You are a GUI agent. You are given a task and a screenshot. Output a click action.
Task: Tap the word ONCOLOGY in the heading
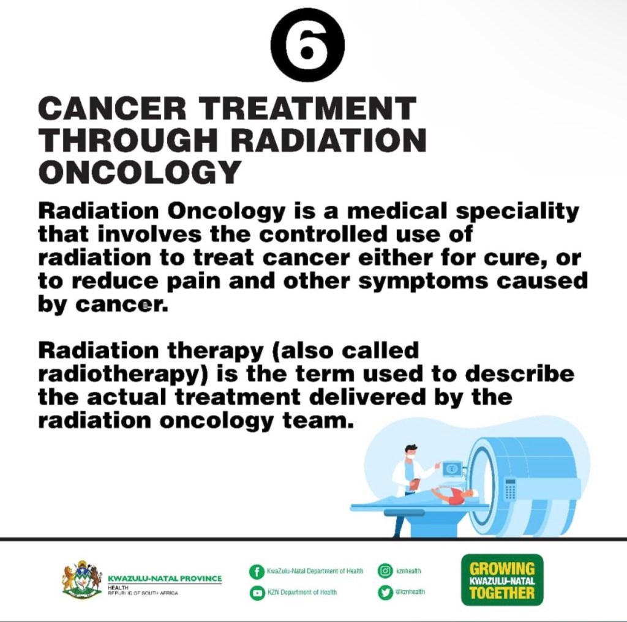pos(140,172)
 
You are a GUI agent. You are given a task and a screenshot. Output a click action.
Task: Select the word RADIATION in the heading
pos(328,140)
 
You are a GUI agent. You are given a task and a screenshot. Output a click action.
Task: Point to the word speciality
pos(517,212)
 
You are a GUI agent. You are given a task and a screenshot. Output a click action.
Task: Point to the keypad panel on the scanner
pos(510,489)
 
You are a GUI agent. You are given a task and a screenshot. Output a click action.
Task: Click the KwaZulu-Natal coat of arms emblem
pos(81,579)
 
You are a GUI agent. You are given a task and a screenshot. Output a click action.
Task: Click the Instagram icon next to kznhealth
pos(385,571)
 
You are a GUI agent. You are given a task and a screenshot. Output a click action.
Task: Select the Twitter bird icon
pos(385,592)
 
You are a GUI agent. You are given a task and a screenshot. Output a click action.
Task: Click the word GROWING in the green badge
pos(502,569)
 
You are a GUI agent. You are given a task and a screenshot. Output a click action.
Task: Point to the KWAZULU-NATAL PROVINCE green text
pos(165,579)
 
